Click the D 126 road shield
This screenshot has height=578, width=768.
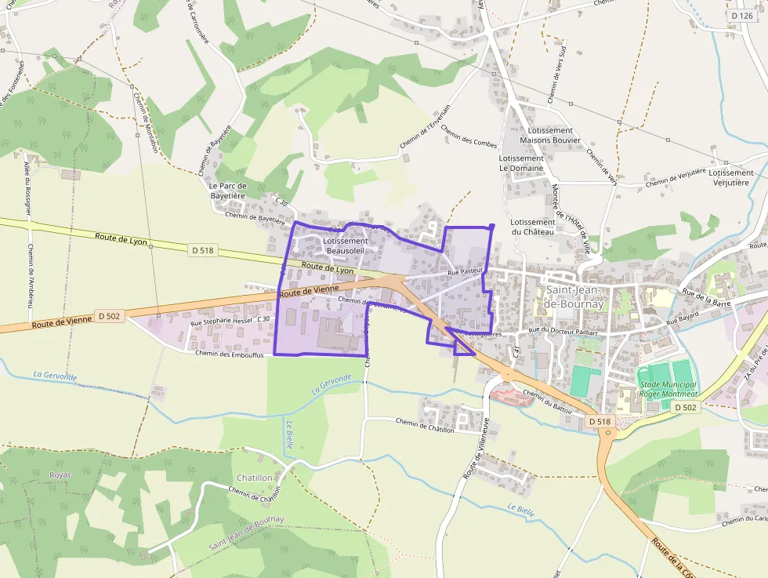[x=741, y=16]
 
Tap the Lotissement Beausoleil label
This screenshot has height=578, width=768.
[x=345, y=246]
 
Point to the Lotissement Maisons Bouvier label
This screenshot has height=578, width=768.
[x=551, y=136]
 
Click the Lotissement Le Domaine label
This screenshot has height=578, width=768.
[x=521, y=163]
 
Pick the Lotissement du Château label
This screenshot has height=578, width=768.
[x=533, y=227]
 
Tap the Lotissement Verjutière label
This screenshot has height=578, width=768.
[x=732, y=177]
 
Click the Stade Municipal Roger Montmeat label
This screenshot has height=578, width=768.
[x=667, y=391]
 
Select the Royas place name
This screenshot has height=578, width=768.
[x=60, y=475]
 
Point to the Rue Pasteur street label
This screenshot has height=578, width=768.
[x=464, y=272]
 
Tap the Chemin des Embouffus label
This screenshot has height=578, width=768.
[x=230, y=353]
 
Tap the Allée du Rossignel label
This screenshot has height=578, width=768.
[x=27, y=188]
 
